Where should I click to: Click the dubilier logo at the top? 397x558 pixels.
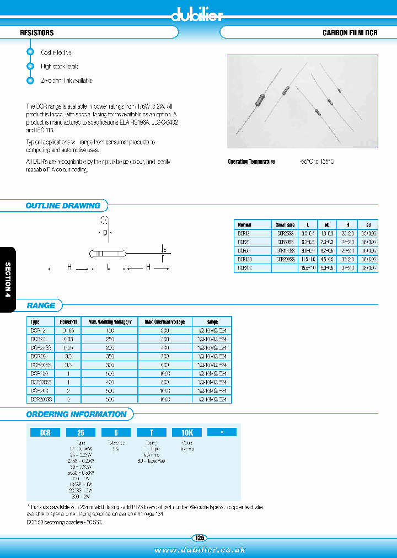pos(198,15)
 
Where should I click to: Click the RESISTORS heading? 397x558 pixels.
pos(37,33)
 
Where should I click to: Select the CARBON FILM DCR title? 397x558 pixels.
pos(350,33)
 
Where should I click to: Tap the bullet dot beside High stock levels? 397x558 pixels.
pos(30,66)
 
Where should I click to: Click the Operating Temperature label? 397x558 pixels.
pos(251,162)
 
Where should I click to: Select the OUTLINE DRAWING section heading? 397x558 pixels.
pos(63,206)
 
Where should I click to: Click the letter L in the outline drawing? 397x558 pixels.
pos(109,267)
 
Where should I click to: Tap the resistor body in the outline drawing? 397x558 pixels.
pos(109,254)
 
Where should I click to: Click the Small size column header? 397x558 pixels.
pos(285,225)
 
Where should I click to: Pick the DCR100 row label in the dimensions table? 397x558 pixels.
pos(244,259)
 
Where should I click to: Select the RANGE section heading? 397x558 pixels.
pos(41,305)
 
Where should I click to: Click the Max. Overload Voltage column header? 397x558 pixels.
pos(165,321)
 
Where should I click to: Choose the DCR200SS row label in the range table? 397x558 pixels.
pos(41,398)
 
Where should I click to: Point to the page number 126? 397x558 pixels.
pos(198,538)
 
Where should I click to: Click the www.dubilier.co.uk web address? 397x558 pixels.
pos(198,550)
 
